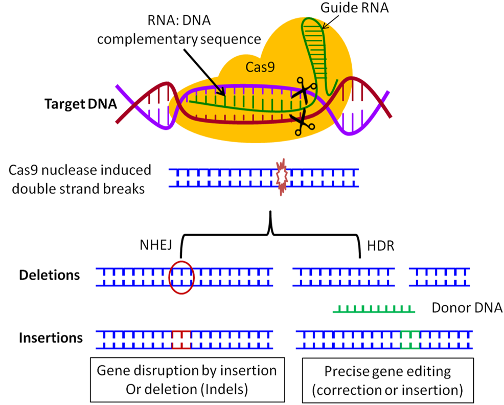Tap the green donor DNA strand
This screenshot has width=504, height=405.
(x=374, y=308)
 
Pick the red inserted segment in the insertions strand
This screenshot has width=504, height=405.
(x=181, y=340)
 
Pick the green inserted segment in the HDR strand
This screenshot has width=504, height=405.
(x=410, y=340)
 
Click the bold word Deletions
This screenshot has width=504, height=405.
(x=50, y=275)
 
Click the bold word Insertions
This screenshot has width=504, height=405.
(x=51, y=338)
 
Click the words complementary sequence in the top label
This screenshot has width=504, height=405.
(x=187, y=39)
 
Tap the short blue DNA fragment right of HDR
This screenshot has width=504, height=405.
(x=440, y=277)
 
